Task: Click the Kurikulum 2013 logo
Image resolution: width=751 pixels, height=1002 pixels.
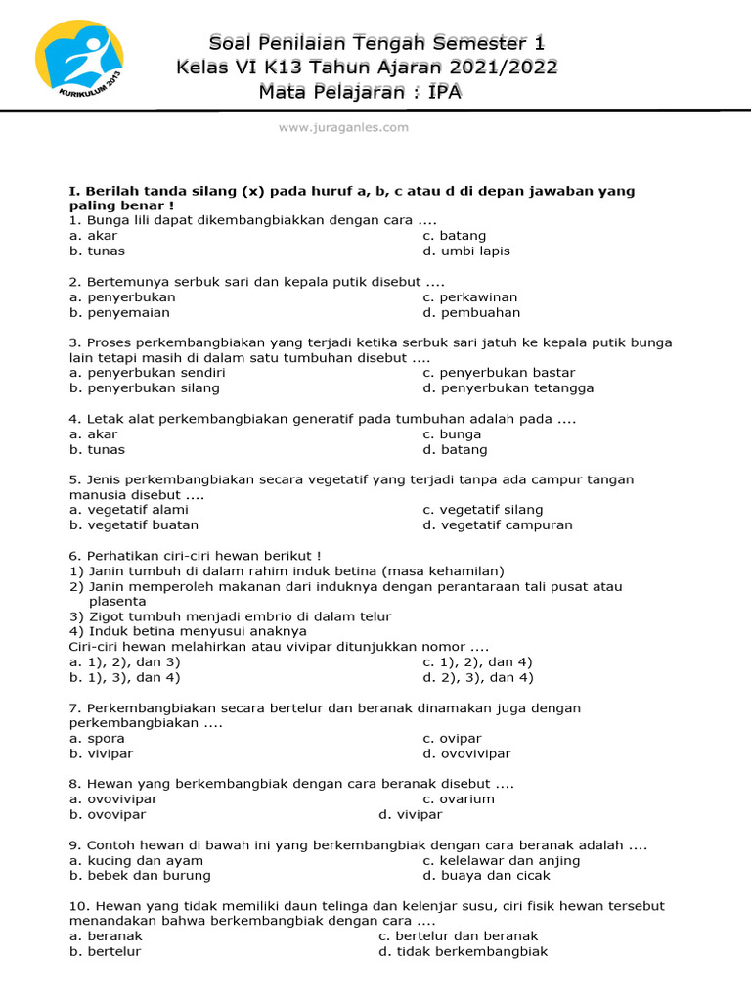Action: click(79, 67)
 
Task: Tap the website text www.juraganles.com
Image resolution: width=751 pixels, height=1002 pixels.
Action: click(343, 127)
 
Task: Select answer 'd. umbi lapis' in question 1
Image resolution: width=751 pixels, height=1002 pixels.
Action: click(466, 251)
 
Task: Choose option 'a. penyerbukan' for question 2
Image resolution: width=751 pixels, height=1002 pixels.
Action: click(122, 297)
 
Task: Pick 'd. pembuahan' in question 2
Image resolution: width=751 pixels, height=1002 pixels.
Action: click(471, 313)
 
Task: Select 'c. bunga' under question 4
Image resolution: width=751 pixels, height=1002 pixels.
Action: click(452, 434)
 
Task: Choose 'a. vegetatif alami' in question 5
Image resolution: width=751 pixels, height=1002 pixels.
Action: click(128, 510)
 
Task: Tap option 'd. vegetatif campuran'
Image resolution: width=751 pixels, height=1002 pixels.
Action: click(498, 525)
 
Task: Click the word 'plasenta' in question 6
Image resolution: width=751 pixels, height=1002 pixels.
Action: click(117, 602)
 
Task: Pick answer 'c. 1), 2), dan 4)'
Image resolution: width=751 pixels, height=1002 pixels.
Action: click(477, 662)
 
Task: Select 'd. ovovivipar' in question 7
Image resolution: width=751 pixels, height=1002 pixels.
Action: click(466, 754)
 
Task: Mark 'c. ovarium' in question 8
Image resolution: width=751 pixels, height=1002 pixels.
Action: click(459, 799)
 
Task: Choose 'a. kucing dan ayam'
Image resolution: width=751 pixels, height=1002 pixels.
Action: click(136, 861)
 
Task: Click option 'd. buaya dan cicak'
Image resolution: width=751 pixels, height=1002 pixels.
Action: click(481, 876)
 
